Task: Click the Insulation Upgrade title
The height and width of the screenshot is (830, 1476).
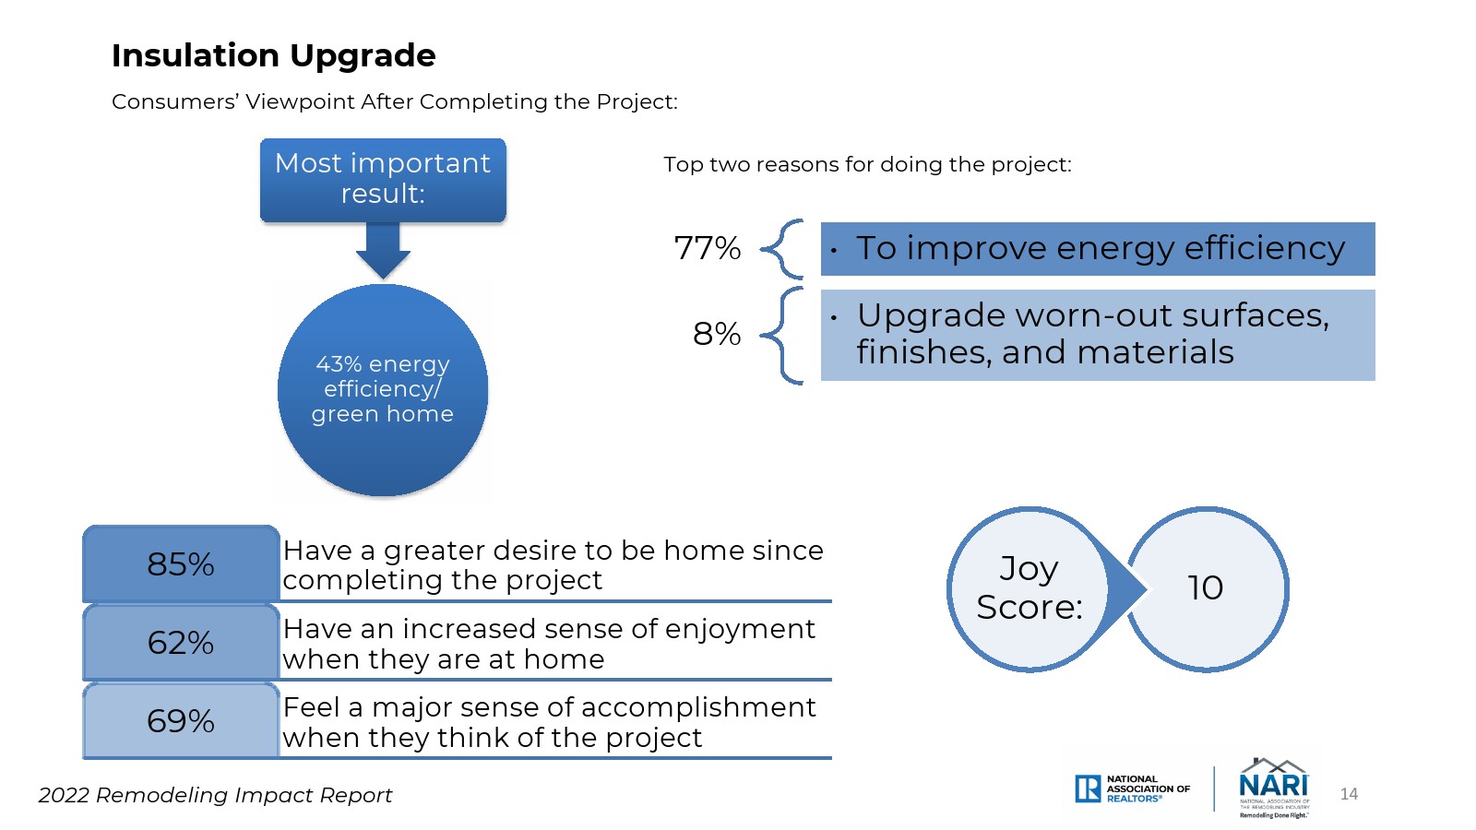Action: [x=273, y=56]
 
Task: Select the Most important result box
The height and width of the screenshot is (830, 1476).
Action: [x=383, y=180]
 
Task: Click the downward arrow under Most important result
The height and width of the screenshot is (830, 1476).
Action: [x=383, y=250]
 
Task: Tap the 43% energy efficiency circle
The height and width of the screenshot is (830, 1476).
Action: [x=383, y=390]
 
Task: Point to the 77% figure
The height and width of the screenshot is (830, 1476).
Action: [x=707, y=248]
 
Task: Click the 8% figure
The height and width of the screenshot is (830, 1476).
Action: [x=716, y=333]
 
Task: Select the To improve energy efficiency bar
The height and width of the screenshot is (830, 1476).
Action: [x=1098, y=249]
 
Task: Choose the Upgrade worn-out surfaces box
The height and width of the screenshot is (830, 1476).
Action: [x=1098, y=335]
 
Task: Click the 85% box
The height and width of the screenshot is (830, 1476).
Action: [x=181, y=563]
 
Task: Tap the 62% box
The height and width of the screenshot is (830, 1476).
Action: [x=181, y=642]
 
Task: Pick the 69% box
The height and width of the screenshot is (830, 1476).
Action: [x=181, y=720]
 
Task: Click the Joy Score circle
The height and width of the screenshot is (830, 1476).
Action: [x=1030, y=589]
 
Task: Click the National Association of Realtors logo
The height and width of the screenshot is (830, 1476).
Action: [x=1132, y=788]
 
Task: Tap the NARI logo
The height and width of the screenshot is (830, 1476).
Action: [x=1274, y=788]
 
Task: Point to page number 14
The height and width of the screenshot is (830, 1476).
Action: [x=1349, y=794]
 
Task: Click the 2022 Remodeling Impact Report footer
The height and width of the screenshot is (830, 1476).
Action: [x=216, y=796]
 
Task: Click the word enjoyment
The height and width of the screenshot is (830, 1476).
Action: [x=740, y=630]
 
